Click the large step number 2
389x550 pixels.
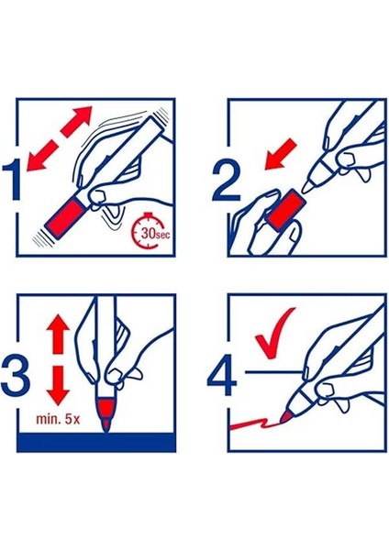coord(227,181)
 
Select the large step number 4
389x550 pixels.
coord(222,374)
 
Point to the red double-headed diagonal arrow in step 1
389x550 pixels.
coord(60,139)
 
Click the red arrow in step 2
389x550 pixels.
coord(281,154)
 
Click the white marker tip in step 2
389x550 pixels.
coord(311,185)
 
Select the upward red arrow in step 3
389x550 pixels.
coord(59,335)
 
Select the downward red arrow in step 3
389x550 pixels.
coord(59,386)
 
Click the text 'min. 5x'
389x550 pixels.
coord(59,419)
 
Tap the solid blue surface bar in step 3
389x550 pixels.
coord(96,442)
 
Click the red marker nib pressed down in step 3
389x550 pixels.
coord(106,414)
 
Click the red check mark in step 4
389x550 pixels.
coord(275,333)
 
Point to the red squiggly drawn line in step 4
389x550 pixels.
coord(254,423)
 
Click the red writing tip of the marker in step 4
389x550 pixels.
coord(286,416)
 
